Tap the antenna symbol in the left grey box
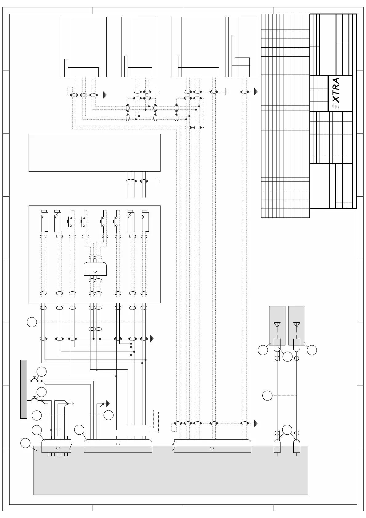pos(277,325)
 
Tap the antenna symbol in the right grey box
pos(296,325)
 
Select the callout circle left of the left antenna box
pos(263,350)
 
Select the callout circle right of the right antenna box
pos(312,350)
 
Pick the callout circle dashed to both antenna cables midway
pos(267,396)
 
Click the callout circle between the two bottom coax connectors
pos(287,429)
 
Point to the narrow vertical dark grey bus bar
pos(23,389)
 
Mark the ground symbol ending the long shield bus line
pos(152,339)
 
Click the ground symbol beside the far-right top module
pos(256,92)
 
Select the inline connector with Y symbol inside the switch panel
pos(95,269)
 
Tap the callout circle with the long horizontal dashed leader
pos(32,322)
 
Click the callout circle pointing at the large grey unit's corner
pos(25,443)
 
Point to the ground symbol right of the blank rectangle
pos(158,181)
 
